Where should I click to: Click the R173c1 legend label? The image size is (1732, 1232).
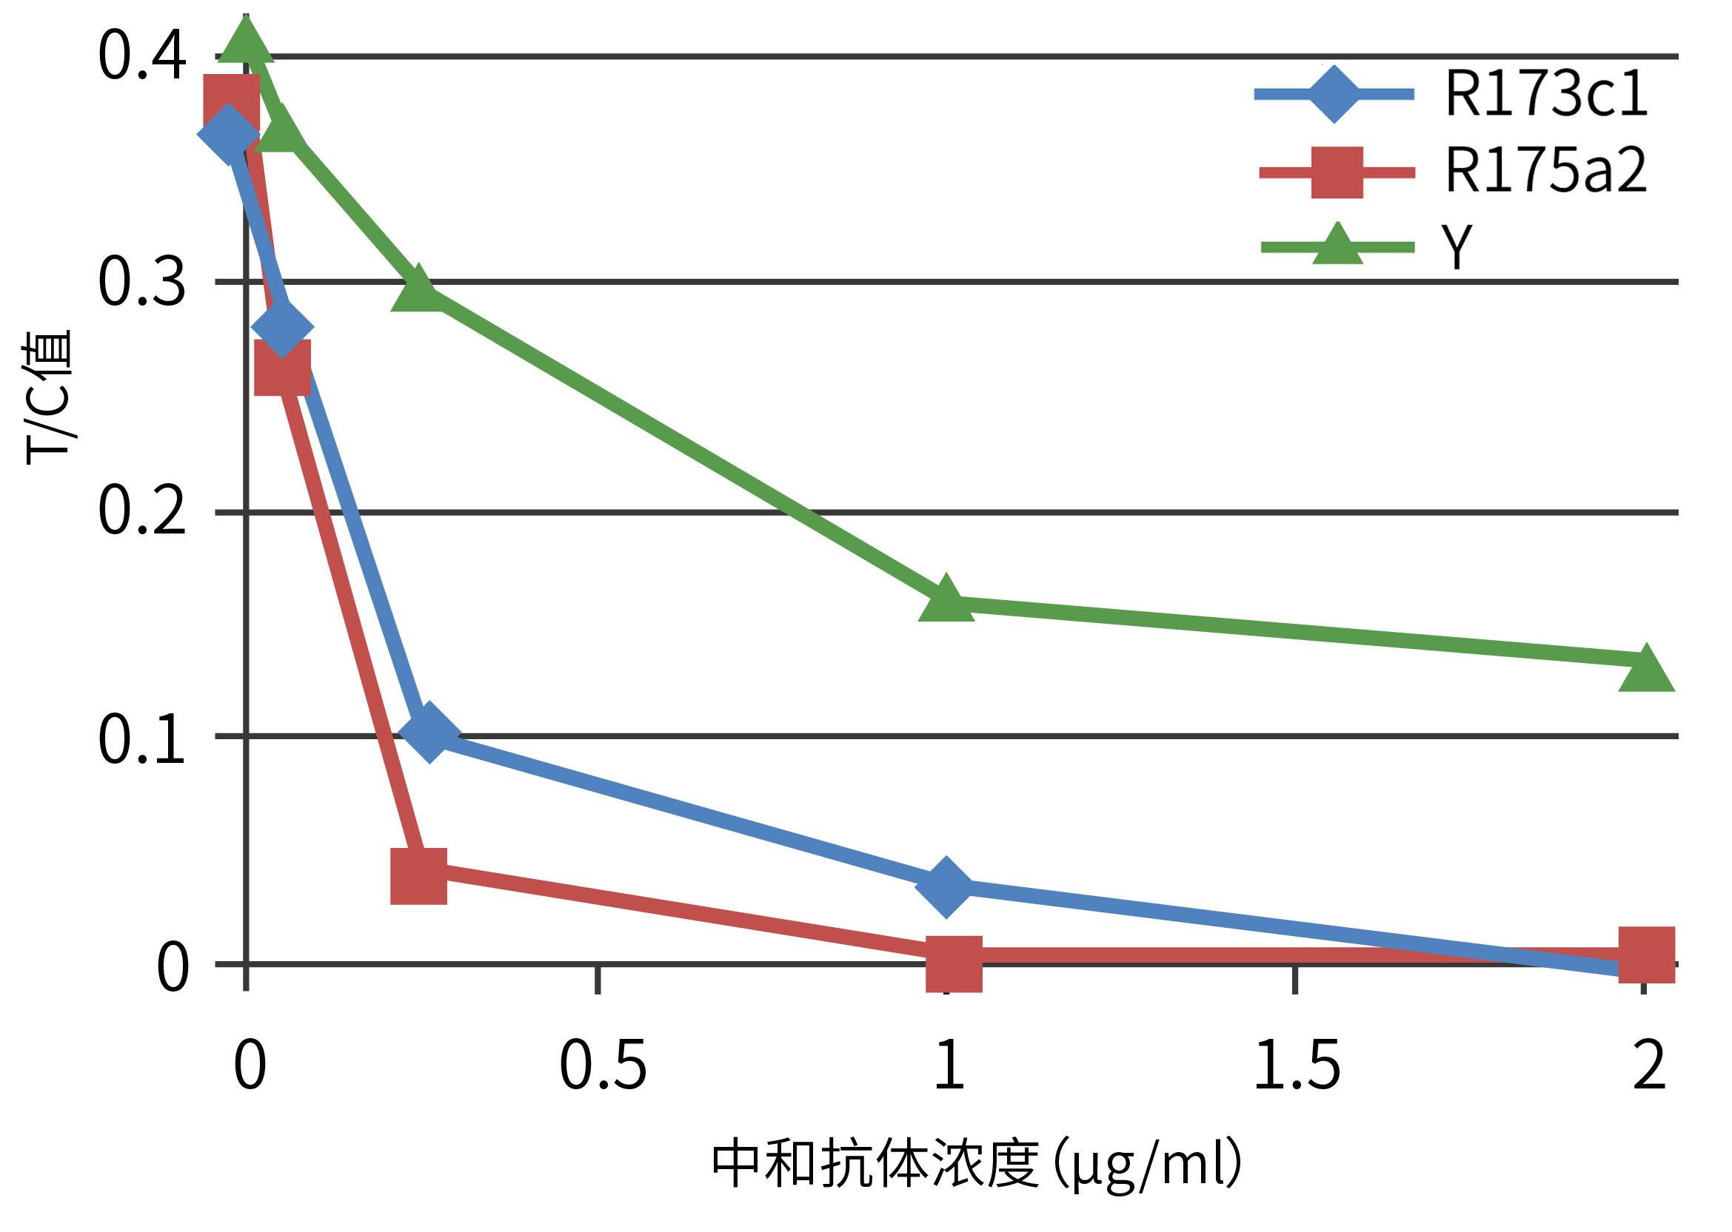point(1545,94)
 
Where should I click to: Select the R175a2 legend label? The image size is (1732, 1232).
point(1545,171)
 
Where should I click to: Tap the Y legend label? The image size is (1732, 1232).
point(1457,246)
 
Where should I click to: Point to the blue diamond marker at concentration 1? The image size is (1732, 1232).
point(946,888)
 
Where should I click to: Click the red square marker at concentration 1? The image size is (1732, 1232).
point(954,963)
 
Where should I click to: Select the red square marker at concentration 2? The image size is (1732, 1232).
point(1646,955)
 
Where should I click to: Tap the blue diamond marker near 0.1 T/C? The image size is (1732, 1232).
point(429,731)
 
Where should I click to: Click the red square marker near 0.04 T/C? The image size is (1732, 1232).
point(418,876)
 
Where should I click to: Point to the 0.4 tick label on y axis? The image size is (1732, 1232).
point(142,55)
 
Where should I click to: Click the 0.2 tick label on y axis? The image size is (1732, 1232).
point(142,511)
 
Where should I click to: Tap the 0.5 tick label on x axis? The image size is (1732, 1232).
point(603,1066)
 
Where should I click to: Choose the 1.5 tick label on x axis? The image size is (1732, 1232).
point(1297,1066)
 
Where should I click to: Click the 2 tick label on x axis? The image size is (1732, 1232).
point(1648,1066)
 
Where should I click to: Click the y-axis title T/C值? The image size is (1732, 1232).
point(47,397)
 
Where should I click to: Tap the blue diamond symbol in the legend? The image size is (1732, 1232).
point(1334,95)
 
